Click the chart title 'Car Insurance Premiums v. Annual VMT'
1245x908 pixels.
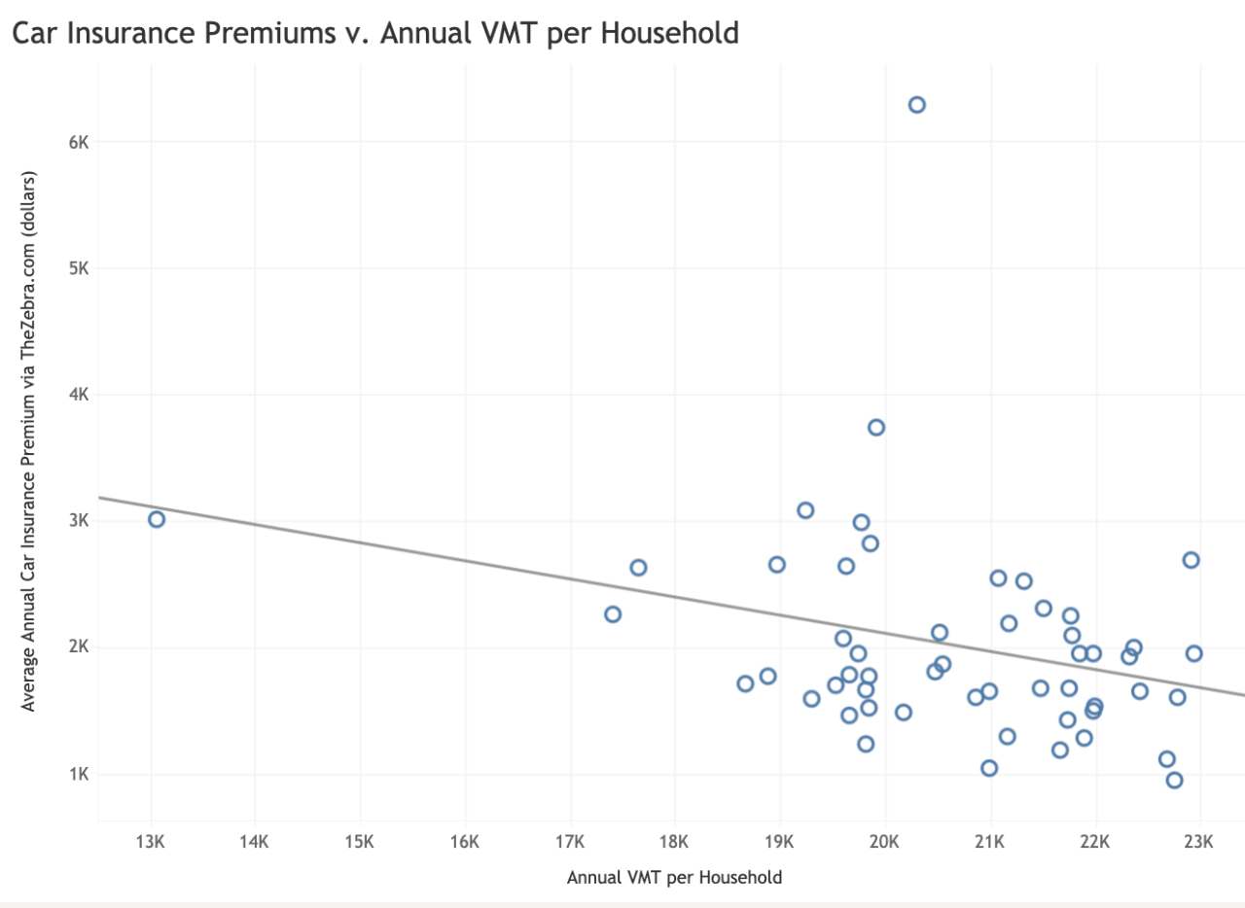[x=374, y=33]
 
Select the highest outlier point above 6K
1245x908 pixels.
[x=916, y=105]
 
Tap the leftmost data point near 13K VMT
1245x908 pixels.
[x=157, y=519]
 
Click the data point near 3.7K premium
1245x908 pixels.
[x=876, y=428]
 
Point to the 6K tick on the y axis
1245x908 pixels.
[x=78, y=142]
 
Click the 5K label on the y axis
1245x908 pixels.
[x=78, y=268]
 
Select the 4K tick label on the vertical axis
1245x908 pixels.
[x=78, y=395]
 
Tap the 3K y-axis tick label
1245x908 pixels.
[x=78, y=521]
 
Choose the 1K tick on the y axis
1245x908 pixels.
[x=78, y=775]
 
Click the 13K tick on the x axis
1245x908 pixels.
[x=151, y=840]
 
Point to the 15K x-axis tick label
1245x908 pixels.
[x=360, y=840]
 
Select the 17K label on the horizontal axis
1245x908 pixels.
[x=570, y=840]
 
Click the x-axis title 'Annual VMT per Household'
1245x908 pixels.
[x=674, y=878]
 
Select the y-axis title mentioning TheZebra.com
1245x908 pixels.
[x=29, y=442]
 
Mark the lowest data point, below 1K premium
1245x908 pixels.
[x=1174, y=780]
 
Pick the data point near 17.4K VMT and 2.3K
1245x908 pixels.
[x=613, y=614]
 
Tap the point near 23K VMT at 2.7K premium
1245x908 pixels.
[x=1191, y=560]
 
